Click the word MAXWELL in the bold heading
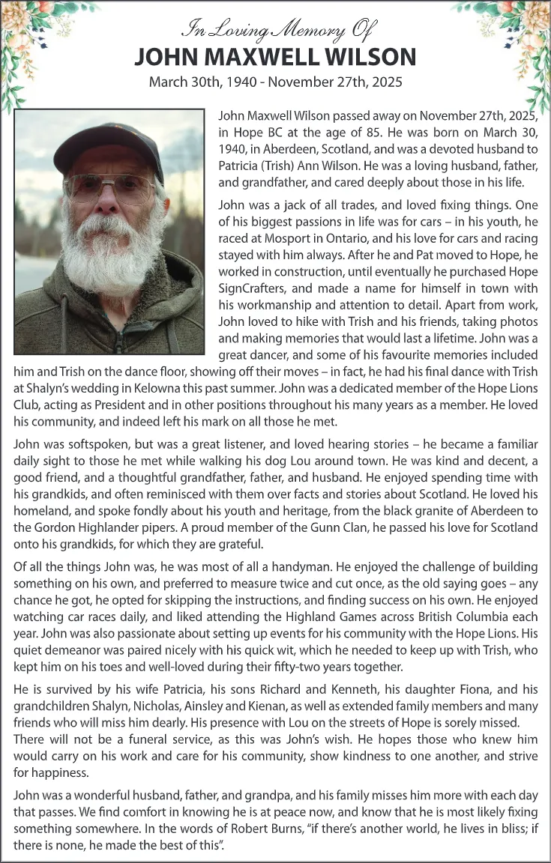[264, 57]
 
